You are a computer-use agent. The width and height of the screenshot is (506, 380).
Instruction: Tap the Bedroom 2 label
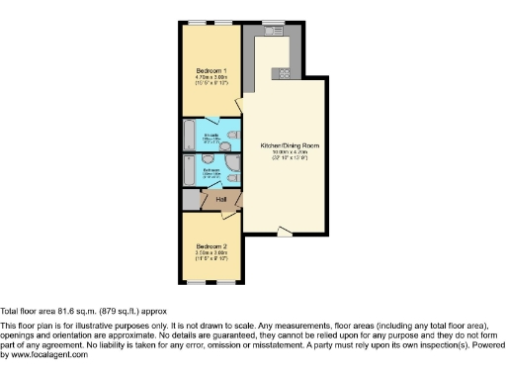pos(211,245)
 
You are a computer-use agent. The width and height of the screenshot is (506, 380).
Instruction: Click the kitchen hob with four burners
pos(284,71)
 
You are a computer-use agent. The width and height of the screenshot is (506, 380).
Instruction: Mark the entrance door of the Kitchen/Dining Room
pos(285,234)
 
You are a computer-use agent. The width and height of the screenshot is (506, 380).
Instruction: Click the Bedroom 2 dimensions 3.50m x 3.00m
pos(211,253)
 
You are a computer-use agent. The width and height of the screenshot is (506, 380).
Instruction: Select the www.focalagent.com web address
pos(44,354)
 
